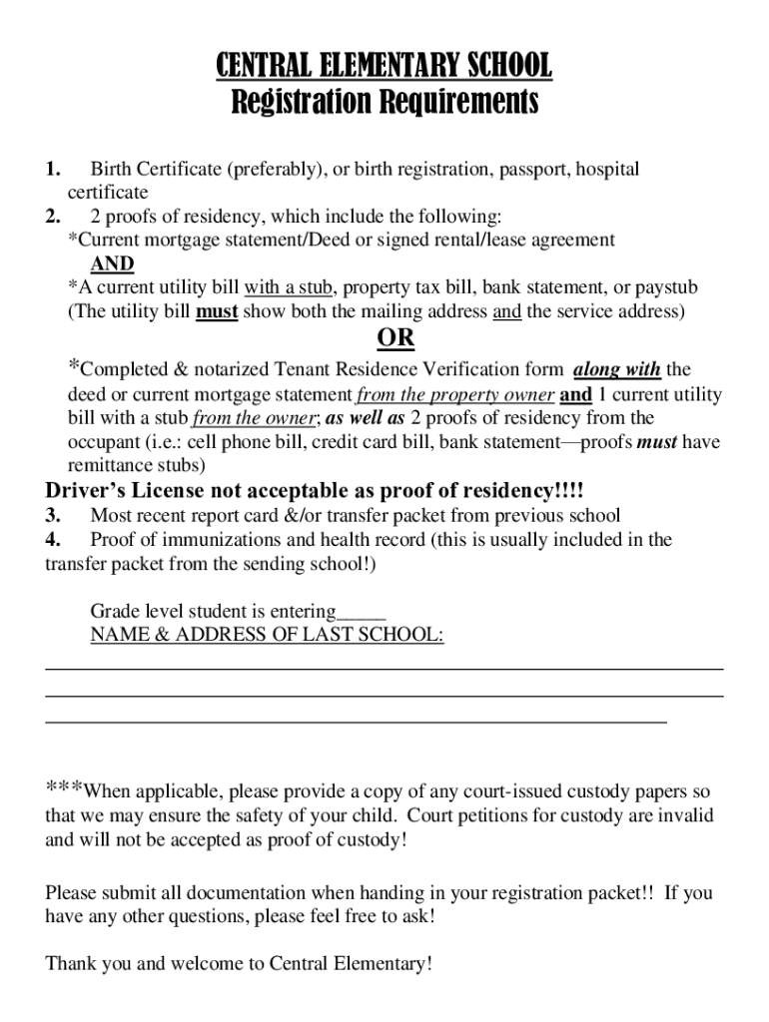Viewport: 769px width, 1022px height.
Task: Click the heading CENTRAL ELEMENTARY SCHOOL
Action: pos(384,67)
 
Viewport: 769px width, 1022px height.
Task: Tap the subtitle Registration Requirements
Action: pos(384,102)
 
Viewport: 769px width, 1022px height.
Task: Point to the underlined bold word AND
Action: pos(112,264)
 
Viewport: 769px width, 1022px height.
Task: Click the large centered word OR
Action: pos(396,338)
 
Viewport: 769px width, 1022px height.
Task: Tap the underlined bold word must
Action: pos(217,311)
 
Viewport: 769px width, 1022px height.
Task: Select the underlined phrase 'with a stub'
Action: pos(288,287)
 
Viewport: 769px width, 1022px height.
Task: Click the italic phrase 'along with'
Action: pos(617,370)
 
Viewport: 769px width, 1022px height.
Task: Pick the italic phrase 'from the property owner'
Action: pos(455,394)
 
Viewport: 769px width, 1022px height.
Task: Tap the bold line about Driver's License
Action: pos(315,491)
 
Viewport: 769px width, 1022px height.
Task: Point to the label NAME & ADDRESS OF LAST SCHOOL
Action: pos(267,636)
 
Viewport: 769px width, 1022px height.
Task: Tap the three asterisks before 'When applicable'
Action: pos(64,789)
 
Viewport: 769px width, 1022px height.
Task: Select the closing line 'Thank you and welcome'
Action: pos(240,964)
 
